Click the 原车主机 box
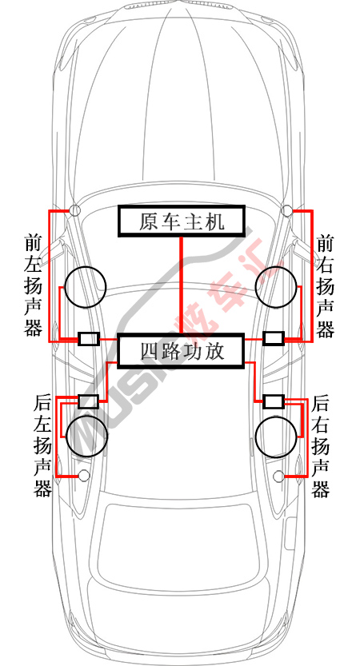(182, 221)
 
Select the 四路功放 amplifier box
(182, 350)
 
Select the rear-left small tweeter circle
(84, 471)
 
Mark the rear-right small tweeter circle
(279, 472)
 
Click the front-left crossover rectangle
(89, 338)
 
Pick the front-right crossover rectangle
(274, 338)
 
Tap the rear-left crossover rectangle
(89, 401)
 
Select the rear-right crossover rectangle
(274, 401)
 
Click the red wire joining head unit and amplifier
(182, 285)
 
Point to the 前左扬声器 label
(33, 285)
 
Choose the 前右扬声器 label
(325, 285)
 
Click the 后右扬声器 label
(321, 446)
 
